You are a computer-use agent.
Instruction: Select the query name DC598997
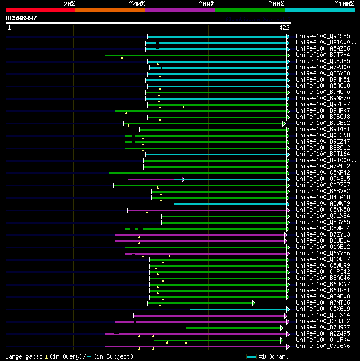(x=21, y=18)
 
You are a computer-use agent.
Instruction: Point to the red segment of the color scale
(x=40, y=10)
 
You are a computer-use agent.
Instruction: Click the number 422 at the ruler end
(x=284, y=28)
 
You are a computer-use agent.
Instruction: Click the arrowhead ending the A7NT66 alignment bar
(x=253, y=303)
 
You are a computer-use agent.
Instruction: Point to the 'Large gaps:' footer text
(x=22, y=356)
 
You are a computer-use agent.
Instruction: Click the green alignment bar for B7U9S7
(x=233, y=328)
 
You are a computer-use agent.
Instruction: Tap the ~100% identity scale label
(x=344, y=4)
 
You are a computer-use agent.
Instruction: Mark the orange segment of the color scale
(x=110, y=10)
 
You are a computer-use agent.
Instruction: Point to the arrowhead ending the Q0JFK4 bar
(x=282, y=340)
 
